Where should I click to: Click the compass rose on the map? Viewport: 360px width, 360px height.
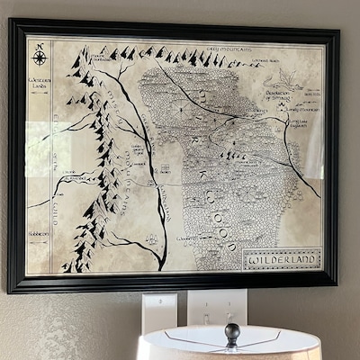tap(40, 57)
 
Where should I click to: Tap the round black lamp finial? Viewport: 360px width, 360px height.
tap(232, 330)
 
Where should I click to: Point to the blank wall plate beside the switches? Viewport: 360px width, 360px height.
tap(158, 310)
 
